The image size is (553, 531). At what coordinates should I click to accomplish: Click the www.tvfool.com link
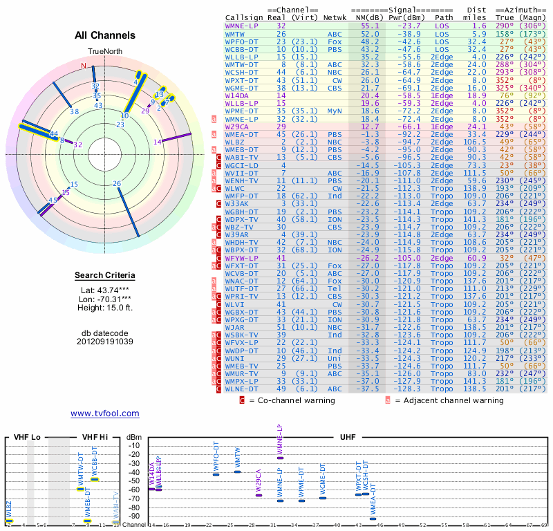coord(104,413)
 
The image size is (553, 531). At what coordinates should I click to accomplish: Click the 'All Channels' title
coord(104,35)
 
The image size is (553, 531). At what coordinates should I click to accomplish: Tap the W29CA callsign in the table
coord(239,127)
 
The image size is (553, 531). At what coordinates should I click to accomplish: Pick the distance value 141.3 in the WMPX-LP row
coord(474,381)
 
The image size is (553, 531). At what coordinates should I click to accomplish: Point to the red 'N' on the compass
coord(84,66)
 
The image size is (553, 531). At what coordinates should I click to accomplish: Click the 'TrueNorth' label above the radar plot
coord(104,52)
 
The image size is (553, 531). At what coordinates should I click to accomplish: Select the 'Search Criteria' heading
coord(104,276)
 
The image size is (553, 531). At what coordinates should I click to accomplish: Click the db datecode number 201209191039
coord(104,342)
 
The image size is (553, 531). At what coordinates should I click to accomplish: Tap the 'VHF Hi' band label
coord(93,438)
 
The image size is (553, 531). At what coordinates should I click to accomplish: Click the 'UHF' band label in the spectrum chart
coord(348,438)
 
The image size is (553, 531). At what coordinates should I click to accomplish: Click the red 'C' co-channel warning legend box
coord(242,400)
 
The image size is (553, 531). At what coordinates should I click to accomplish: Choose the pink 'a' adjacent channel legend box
coord(388,400)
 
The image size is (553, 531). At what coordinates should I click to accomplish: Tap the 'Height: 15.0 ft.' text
coord(104,307)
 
